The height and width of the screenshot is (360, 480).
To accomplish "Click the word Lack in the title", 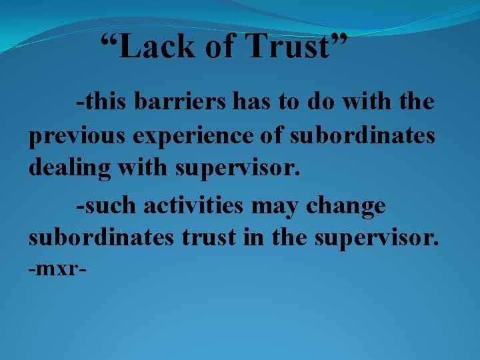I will pyautogui.click(x=153, y=47).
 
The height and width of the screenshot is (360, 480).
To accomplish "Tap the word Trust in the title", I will pyautogui.click(x=288, y=47).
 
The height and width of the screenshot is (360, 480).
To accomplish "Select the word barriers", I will pyautogui.click(x=181, y=103).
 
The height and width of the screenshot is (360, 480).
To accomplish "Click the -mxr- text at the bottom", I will pyautogui.click(x=59, y=270).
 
